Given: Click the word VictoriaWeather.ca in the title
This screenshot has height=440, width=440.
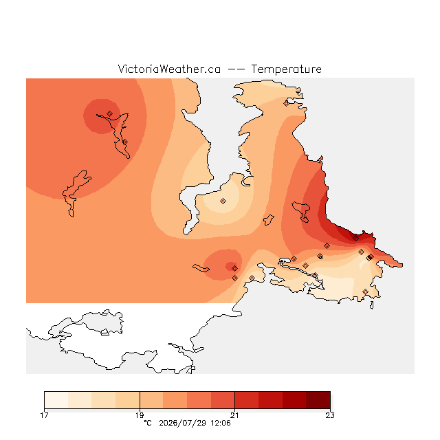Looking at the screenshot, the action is pyautogui.click(x=169, y=69).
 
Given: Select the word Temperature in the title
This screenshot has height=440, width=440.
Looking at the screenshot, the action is pyautogui.click(x=286, y=69).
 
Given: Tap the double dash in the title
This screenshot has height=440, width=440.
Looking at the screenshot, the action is pyautogui.click(x=236, y=69).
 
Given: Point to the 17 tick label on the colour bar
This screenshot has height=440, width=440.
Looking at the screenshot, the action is pyautogui.click(x=44, y=415).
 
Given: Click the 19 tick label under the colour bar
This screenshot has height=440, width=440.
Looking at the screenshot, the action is pyautogui.click(x=140, y=415).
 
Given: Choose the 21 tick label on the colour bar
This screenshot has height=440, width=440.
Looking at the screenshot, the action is pyautogui.click(x=234, y=415).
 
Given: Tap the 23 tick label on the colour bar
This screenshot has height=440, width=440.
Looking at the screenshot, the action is pyautogui.click(x=330, y=415).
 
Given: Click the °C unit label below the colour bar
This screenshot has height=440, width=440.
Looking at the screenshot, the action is pyautogui.click(x=148, y=423).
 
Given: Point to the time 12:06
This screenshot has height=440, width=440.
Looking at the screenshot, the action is pyautogui.click(x=221, y=423).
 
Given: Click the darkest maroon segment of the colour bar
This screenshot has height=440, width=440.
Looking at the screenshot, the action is pyautogui.click(x=318, y=400).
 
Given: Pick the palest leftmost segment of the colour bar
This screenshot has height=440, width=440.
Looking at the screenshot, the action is pyautogui.click(x=56, y=400).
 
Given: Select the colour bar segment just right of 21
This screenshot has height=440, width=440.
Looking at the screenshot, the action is pyautogui.click(x=247, y=400).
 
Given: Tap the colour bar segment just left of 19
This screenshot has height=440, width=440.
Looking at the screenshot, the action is pyautogui.click(x=128, y=400).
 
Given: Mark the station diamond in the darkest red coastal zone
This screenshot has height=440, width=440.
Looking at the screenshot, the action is pyautogui.click(x=355, y=239).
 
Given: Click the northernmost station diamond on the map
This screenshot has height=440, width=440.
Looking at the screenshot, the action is pyautogui.click(x=286, y=104).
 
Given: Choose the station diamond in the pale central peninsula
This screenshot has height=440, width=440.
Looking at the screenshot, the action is pyautogui.click(x=223, y=201).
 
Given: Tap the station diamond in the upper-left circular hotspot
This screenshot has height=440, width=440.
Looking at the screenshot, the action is pyautogui.click(x=110, y=113).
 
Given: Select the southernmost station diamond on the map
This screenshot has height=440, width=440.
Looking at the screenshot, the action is pyautogui.click(x=365, y=291).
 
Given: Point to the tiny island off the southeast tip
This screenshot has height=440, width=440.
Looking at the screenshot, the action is pyautogui.click(x=371, y=305).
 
